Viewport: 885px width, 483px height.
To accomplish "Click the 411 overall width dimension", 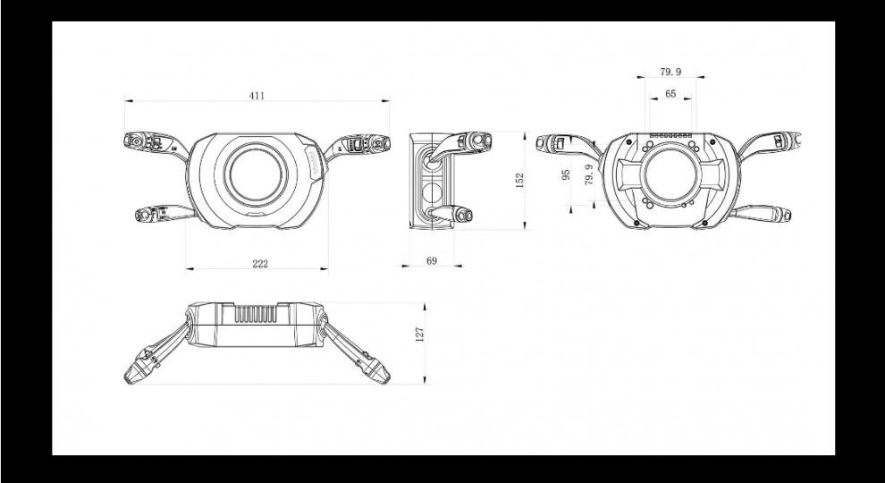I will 257,95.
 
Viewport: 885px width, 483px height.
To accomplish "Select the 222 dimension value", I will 259,264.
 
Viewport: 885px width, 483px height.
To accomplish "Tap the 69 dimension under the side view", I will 432,260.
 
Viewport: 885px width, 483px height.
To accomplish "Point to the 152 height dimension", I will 519,180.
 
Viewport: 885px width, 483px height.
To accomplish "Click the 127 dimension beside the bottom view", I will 419,334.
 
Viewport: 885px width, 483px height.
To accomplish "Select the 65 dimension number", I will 670,94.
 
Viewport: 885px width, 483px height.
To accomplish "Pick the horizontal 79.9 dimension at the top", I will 670,71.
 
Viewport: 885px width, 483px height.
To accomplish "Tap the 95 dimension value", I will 566,174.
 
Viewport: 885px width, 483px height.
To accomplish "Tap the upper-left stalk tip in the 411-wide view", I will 134,140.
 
